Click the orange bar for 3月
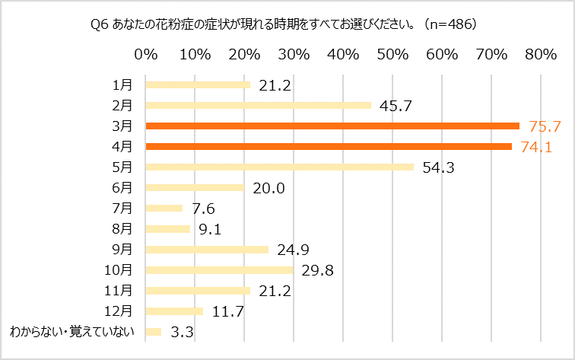(332, 126)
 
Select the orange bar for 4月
(328, 146)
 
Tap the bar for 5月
(278, 167)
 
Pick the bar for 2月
(258, 105)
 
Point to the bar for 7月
(164, 208)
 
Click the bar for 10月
(218, 269)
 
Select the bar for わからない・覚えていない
(153, 331)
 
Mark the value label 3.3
(183, 333)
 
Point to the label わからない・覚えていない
(71, 331)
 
